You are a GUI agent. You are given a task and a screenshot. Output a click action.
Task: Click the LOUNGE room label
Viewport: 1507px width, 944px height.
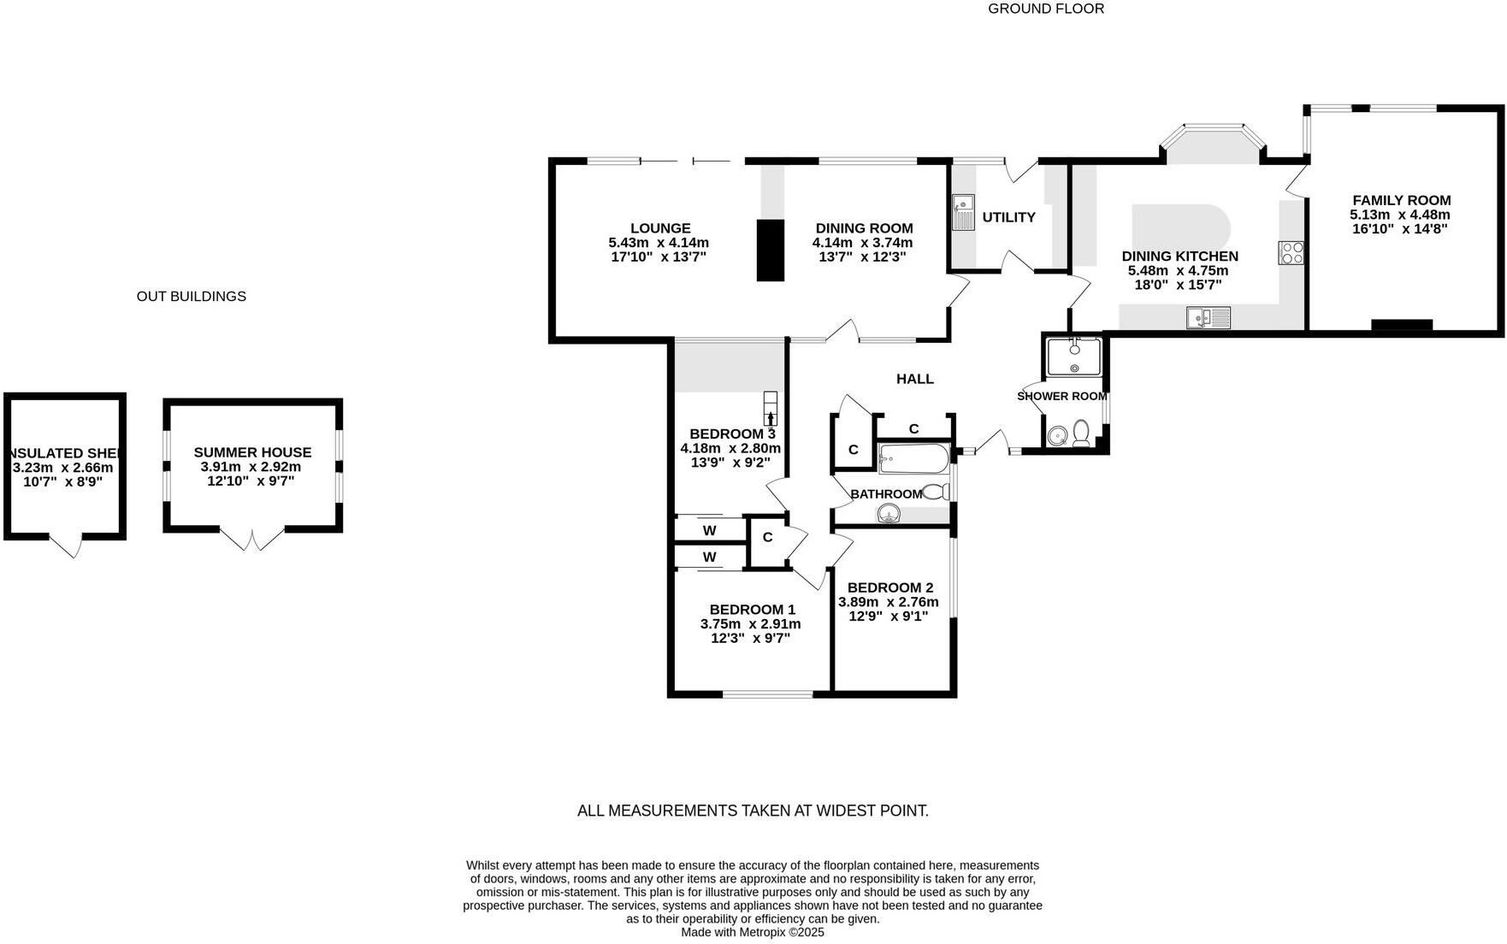(660, 228)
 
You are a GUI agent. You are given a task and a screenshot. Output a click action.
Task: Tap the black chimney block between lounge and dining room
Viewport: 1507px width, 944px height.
(770, 250)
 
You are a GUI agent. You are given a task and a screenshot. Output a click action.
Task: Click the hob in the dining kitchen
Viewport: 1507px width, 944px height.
(1291, 252)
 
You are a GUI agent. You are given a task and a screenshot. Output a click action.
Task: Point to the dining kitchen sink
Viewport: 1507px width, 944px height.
(1208, 318)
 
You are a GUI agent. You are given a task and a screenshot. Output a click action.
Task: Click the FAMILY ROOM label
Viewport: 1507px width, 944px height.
(1401, 200)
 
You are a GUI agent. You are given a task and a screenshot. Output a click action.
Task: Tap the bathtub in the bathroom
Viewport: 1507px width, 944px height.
(913, 458)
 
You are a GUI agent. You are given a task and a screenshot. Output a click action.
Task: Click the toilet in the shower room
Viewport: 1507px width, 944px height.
(1081, 434)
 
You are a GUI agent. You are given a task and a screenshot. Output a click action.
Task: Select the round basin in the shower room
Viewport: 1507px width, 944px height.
(1057, 435)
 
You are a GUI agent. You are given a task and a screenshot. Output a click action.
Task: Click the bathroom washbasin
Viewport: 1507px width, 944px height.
(889, 513)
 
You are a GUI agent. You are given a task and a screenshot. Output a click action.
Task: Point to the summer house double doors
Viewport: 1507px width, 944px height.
(252, 539)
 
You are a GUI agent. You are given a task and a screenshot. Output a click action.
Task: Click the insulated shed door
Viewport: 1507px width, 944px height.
(65, 545)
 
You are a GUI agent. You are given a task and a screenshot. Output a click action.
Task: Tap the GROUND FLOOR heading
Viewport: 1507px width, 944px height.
(1045, 9)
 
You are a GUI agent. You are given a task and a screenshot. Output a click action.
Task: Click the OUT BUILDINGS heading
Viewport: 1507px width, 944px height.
(191, 296)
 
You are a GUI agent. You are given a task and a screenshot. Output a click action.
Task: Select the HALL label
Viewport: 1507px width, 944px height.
(914, 379)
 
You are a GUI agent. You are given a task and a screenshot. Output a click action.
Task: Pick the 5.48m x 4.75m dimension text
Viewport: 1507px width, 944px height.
(1178, 270)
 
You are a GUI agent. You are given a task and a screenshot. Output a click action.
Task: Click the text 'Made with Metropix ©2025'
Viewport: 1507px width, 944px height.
(752, 932)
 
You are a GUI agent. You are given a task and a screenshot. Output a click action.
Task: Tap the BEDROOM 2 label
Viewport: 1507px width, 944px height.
(889, 587)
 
